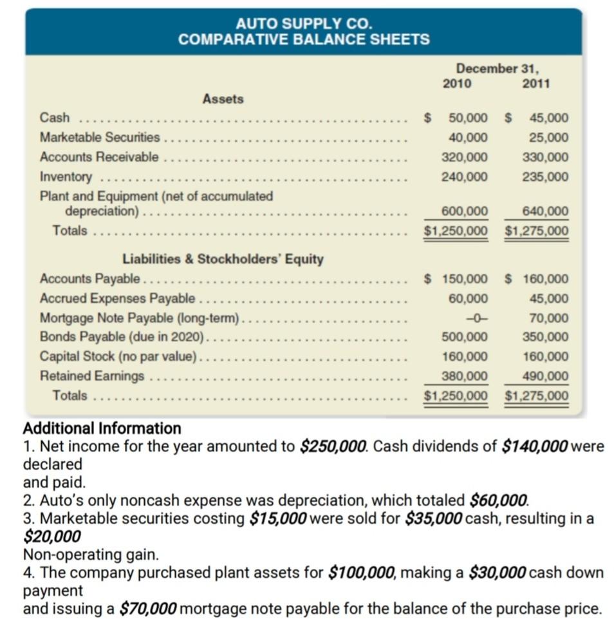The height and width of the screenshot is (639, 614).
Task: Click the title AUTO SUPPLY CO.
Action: click(304, 24)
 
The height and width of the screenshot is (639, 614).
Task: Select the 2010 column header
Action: click(457, 83)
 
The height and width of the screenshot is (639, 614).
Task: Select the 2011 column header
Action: click(536, 83)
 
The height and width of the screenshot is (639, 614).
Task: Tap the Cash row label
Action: click(55, 118)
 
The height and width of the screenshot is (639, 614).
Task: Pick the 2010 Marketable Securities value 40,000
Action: click(468, 138)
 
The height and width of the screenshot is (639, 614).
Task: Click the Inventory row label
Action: click(66, 176)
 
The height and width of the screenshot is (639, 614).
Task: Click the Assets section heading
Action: click(223, 99)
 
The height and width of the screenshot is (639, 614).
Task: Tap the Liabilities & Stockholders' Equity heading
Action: click(223, 259)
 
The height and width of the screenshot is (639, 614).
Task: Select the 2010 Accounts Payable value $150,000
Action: click(461, 279)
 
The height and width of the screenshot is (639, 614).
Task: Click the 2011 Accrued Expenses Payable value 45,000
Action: click(548, 299)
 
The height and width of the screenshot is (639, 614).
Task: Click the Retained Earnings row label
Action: click(92, 376)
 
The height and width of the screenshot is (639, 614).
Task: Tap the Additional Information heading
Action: click(102, 428)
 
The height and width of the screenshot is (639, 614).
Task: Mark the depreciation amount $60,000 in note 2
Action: click(499, 499)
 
